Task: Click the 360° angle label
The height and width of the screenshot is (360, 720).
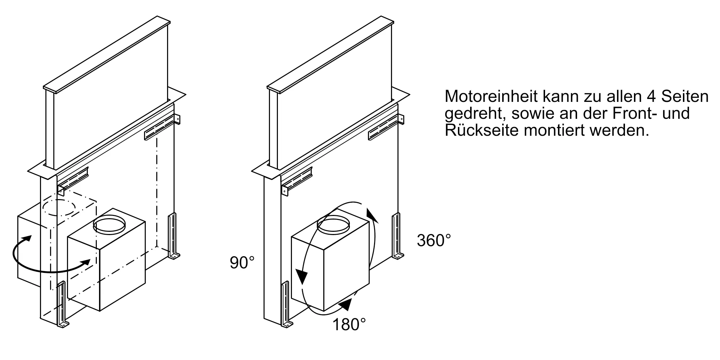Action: (x=434, y=240)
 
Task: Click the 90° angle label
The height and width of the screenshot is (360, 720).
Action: (x=242, y=263)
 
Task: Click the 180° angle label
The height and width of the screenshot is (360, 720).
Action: (x=348, y=325)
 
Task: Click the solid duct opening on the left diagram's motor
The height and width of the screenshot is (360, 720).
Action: (x=109, y=225)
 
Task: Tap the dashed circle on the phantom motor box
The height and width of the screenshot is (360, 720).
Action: (x=59, y=208)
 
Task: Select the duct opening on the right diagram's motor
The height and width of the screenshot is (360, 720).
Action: (x=333, y=224)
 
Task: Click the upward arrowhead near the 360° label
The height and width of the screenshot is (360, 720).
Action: (x=371, y=215)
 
